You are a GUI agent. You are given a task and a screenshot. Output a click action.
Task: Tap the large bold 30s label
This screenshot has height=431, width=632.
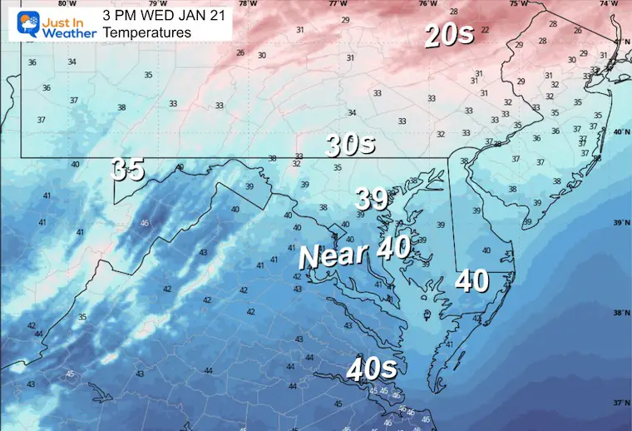tap(350, 145)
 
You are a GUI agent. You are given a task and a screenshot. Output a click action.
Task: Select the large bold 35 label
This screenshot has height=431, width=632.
tap(128, 169)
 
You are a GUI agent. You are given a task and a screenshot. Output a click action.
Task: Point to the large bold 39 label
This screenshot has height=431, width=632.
tap(372, 199)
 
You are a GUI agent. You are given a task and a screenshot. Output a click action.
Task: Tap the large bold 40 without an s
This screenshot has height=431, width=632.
tap(472, 281)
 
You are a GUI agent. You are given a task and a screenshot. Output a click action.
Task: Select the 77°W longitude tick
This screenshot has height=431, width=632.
tap(338, 4)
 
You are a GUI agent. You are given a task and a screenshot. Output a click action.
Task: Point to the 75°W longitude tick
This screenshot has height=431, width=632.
tap(518, 4)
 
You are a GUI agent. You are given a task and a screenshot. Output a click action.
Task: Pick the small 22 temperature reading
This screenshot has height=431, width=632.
tap(485, 30)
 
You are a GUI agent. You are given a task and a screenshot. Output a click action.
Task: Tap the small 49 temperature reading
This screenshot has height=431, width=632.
tap(180, 167)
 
